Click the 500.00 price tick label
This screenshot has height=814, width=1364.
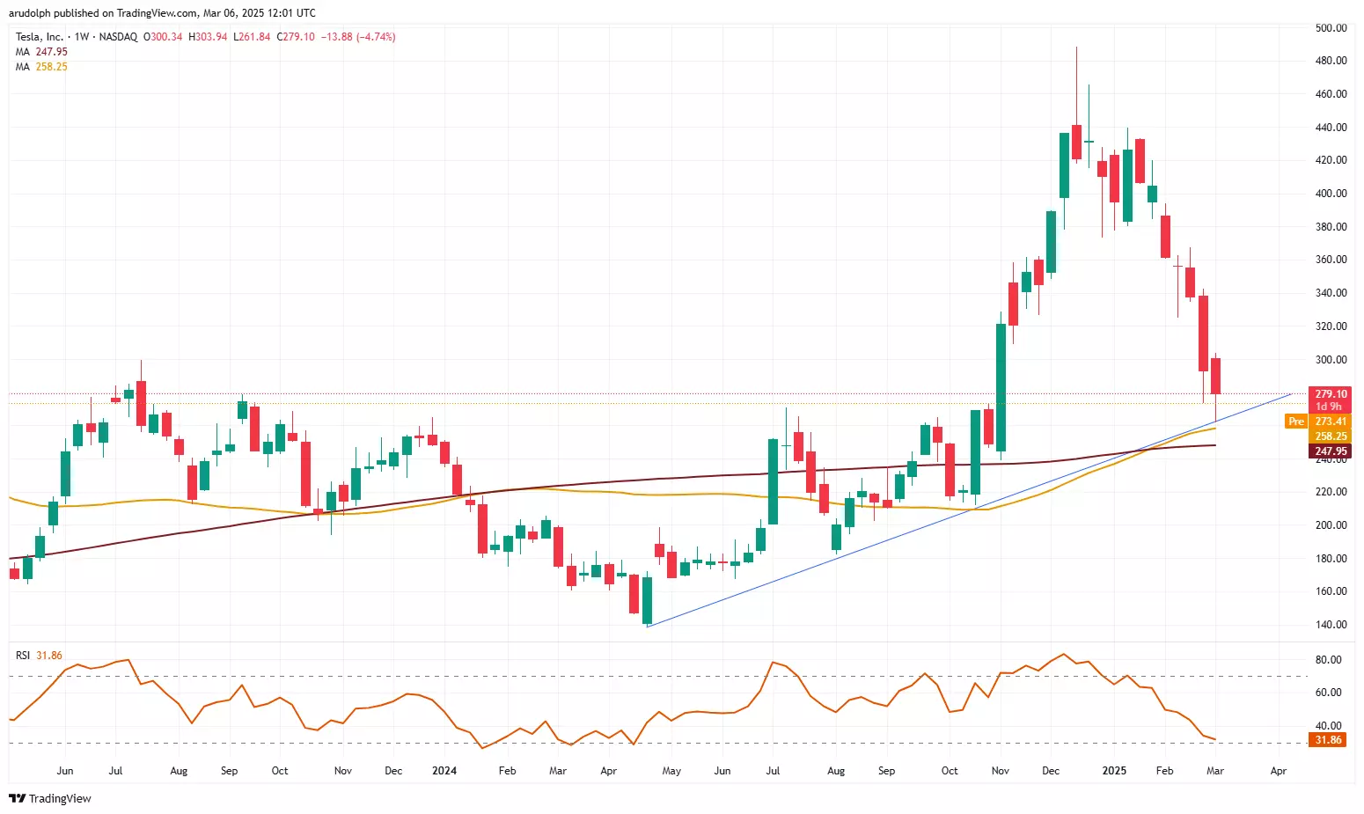tap(1331, 28)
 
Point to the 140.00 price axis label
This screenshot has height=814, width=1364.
tap(1331, 625)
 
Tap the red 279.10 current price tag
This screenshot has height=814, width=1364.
tap(1330, 394)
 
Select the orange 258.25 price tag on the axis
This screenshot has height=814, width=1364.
tap(1331, 436)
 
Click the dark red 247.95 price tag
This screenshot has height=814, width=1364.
tap(1331, 451)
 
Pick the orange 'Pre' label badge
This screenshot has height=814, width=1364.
tap(1295, 422)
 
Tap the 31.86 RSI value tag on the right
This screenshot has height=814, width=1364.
tap(1328, 740)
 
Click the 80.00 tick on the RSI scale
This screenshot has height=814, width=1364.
tap(1328, 660)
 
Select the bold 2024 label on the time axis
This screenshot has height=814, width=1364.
tap(444, 771)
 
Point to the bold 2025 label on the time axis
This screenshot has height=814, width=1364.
tap(1114, 771)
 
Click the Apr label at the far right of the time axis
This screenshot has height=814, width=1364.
tap(1279, 771)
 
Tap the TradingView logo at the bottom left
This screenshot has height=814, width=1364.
tap(50, 798)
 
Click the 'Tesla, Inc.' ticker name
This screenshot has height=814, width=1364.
tap(40, 37)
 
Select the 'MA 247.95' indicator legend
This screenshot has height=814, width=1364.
tap(41, 52)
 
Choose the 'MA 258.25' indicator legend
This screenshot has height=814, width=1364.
tap(41, 67)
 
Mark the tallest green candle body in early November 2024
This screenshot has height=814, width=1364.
tap(1001, 387)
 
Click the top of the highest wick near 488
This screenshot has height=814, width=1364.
tap(1076, 48)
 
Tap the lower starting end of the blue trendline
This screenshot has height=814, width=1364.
tap(648, 627)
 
